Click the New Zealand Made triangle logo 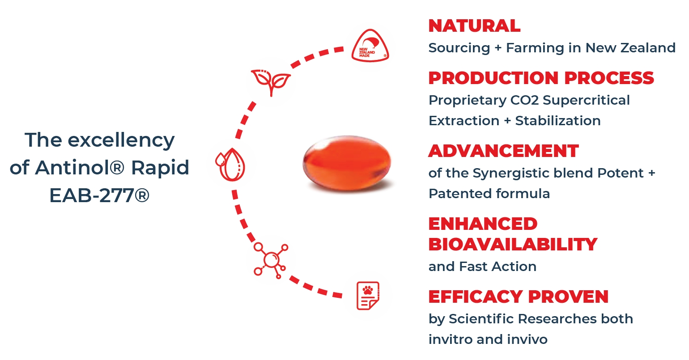tap(370, 46)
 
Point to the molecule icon tap(271, 260)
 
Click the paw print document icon tap(368, 296)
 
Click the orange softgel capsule tap(347, 162)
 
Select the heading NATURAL tap(474, 26)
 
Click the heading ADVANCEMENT tap(503, 151)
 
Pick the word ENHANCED tap(483, 224)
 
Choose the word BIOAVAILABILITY tap(513, 245)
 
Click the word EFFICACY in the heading tap(476, 296)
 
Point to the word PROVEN tap(568, 296)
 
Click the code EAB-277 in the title tap(92, 195)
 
